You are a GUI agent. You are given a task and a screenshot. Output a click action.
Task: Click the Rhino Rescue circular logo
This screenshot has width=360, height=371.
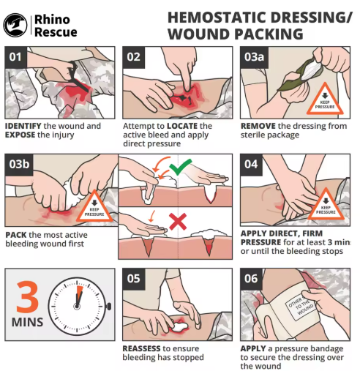pyautogui.click(x=15, y=25)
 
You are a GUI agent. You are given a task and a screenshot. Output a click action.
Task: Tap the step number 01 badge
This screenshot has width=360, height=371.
pyautogui.click(x=15, y=57)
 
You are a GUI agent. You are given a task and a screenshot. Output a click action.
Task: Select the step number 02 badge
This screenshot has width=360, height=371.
pyautogui.click(x=134, y=57)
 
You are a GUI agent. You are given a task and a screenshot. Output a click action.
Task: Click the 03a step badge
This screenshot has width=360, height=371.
pyautogui.click(x=254, y=57)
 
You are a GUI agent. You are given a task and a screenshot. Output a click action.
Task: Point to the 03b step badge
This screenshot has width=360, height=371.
pyautogui.click(x=19, y=165)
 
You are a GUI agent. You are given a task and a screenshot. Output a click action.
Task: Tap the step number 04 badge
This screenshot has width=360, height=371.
pyautogui.click(x=251, y=165)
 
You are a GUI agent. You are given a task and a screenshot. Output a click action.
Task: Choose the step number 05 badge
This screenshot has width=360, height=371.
pyautogui.click(x=134, y=279)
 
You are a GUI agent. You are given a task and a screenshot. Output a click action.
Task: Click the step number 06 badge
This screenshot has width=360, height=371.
pyautogui.click(x=251, y=279)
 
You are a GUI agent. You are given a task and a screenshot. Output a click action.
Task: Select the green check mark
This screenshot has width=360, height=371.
pyautogui.click(x=181, y=167)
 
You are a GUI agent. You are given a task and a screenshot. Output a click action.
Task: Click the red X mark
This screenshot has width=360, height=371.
pyautogui.click(x=178, y=222)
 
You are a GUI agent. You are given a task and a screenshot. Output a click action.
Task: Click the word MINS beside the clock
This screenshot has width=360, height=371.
pyautogui.click(x=27, y=322)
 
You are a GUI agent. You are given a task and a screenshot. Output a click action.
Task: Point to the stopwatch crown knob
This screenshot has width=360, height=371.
pyautogui.click(x=109, y=306)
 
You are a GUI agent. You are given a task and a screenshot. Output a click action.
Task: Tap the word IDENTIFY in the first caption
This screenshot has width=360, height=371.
pyautogui.click(x=23, y=126)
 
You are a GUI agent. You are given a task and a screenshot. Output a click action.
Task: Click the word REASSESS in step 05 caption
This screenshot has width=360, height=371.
pyautogui.click(x=141, y=348)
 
